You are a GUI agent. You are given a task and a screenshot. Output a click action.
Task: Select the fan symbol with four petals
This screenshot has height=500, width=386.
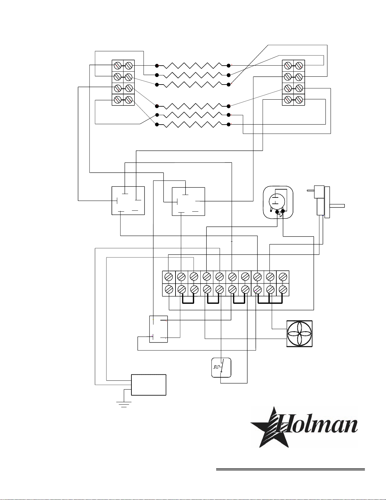click(x=299, y=334)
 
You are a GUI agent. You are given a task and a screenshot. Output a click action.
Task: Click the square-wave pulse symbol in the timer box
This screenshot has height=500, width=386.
click(x=217, y=367)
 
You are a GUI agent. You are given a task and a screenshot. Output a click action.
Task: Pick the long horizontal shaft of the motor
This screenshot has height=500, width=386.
click(x=337, y=206)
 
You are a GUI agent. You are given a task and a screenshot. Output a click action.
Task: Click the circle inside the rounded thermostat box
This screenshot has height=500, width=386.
click(x=276, y=201)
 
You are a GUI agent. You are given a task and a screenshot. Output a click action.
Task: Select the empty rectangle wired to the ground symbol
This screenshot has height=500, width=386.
click(x=148, y=385)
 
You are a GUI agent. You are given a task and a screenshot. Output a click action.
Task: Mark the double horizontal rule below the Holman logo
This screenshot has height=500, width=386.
click(x=290, y=470)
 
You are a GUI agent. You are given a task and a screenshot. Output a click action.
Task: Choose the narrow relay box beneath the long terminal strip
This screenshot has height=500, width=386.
click(x=158, y=329)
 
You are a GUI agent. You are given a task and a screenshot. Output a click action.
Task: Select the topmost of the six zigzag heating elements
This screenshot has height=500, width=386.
click(x=193, y=66)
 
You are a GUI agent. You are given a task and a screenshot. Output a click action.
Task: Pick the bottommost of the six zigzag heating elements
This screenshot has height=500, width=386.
click(x=193, y=124)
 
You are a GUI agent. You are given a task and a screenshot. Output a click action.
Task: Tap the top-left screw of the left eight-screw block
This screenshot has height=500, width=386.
click(x=118, y=66)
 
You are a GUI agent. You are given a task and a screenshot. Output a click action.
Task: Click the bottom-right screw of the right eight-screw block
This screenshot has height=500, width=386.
click(x=299, y=100)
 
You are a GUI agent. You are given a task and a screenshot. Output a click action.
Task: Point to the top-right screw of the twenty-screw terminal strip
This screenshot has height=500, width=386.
click(x=283, y=277)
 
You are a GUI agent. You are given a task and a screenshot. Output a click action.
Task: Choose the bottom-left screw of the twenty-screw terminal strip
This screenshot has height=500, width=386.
click(x=169, y=290)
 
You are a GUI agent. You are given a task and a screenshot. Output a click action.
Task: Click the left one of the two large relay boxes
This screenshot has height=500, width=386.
click(x=128, y=201)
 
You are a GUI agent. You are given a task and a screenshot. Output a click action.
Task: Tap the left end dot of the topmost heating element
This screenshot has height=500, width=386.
click(x=157, y=66)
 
